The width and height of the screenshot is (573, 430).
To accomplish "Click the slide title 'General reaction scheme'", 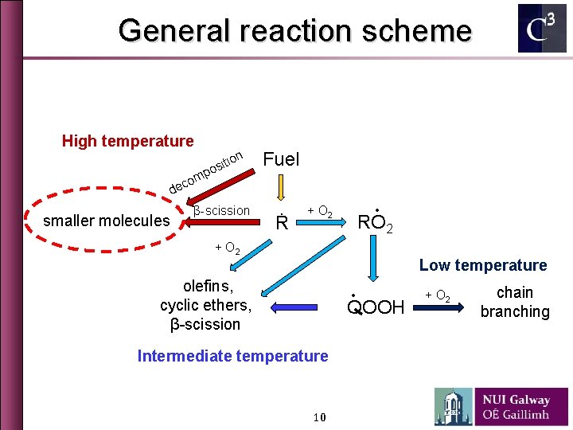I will (294, 31).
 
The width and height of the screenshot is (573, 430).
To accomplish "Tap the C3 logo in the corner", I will (542, 29).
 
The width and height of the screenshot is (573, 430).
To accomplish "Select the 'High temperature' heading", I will (127, 141).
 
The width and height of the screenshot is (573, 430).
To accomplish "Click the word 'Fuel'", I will (281, 159).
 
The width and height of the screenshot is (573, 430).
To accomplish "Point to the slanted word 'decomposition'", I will (205, 170).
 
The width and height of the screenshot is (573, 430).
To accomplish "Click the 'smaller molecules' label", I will (106, 221).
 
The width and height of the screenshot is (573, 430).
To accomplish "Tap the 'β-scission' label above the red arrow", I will (221, 211).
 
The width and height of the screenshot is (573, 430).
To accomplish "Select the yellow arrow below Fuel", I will (280, 189).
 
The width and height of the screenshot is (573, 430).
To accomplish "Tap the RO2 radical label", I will (375, 222).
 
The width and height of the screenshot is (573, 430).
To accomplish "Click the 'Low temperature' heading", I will (483, 265).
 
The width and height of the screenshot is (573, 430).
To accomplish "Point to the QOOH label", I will (376, 307).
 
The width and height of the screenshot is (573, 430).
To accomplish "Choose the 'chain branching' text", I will (515, 302).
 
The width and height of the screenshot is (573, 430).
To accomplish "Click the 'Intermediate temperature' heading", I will (232, 356).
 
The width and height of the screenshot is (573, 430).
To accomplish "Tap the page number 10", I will (320, 418).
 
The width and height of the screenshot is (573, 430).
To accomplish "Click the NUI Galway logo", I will (501, 406).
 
